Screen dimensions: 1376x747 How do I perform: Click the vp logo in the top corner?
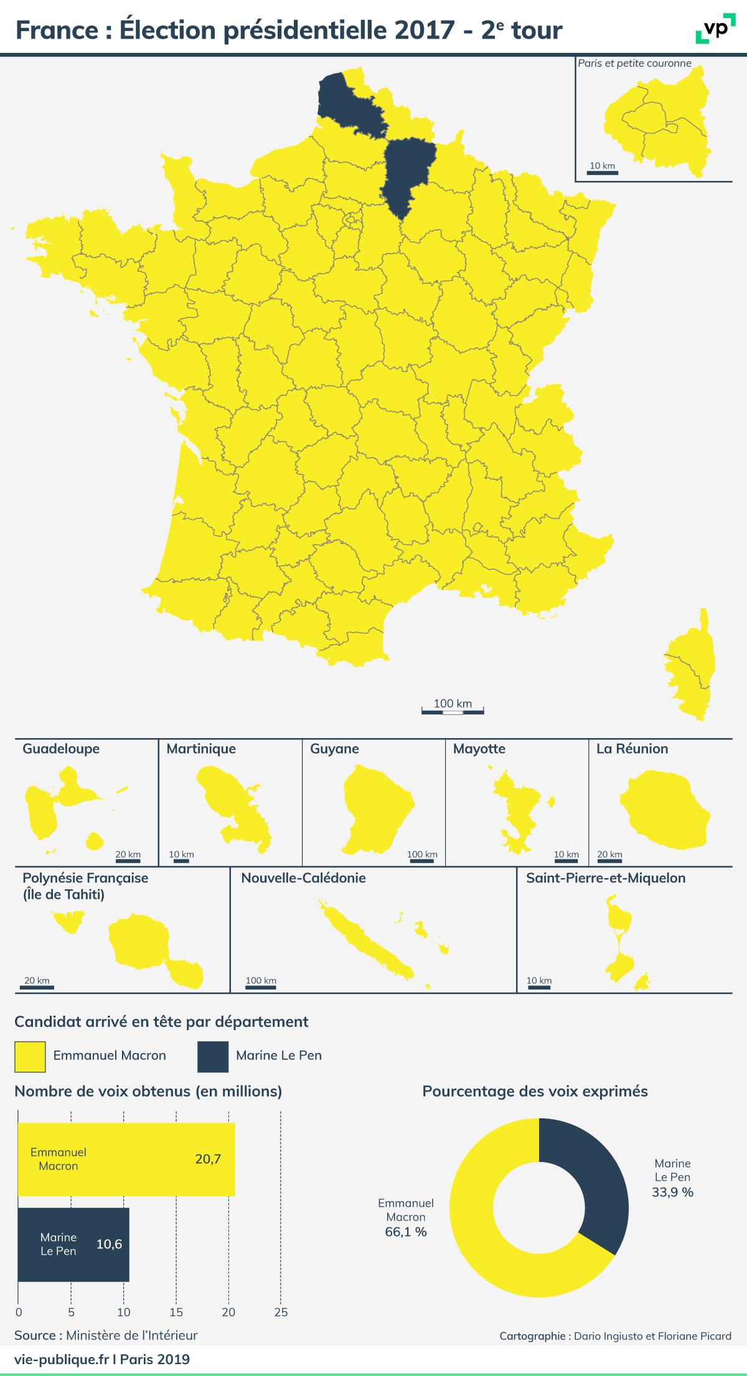click(710, 30)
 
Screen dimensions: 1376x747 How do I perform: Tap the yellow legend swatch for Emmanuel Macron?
click(30, 1057)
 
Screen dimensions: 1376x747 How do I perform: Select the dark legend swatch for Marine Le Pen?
click(213, 1057)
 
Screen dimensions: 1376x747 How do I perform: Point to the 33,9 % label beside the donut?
click(672, 1192)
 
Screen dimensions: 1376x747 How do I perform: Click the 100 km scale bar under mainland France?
click(453, 710)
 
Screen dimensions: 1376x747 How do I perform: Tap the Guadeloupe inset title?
click(61, 749)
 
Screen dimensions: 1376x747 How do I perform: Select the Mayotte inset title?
click(479, 749)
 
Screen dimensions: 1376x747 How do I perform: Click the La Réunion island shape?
click(664, 812)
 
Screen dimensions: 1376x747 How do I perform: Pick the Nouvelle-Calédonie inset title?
click(304, 878)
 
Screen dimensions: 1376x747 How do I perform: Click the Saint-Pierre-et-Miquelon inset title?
click(606, 878)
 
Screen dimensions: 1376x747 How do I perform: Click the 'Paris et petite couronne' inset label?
click(634, 63)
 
